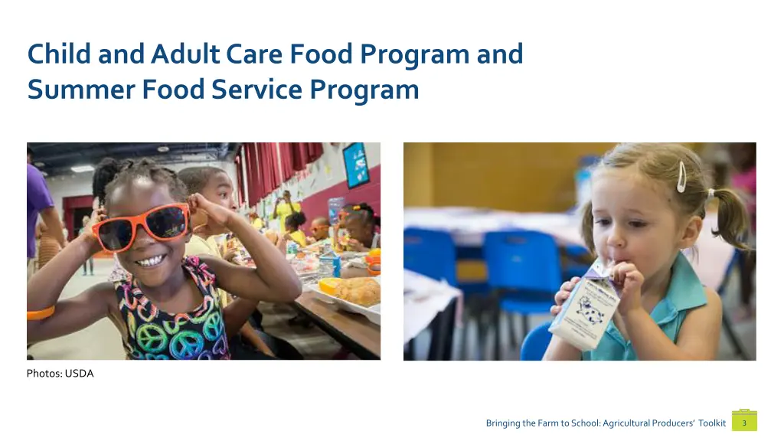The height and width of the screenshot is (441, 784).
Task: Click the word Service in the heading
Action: click(258, 90)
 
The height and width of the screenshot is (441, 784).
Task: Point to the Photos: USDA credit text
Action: click(60, 374)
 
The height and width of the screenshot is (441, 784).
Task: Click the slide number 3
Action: click(744, 423)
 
